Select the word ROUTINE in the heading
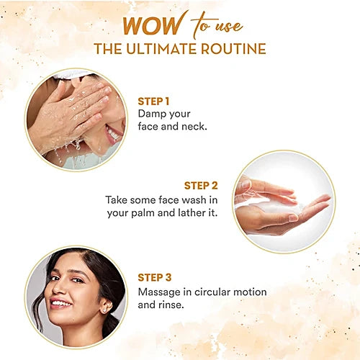(233, 49)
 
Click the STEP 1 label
(153, 102)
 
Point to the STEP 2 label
(201, 186)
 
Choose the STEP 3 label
(155, 277)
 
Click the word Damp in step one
(150, 114)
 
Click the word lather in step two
(192, 212)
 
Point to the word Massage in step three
(159, 292)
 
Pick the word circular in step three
(212, 292)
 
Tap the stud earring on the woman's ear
(104, 310)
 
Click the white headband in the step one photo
(71, 73)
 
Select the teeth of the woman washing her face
(113, 133)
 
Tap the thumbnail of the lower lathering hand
(293, 217)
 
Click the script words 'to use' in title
(217, 24)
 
